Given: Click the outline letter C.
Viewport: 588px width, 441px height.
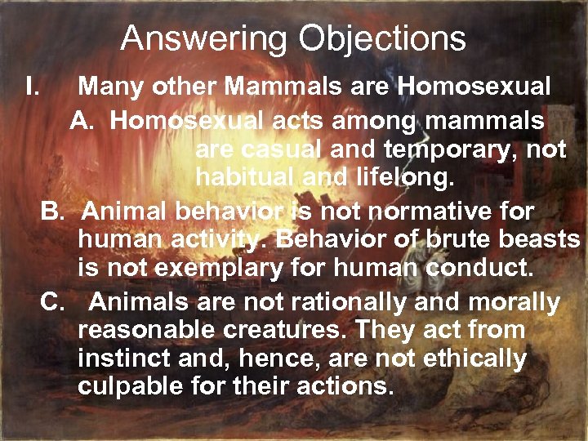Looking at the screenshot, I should click(52, 303).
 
